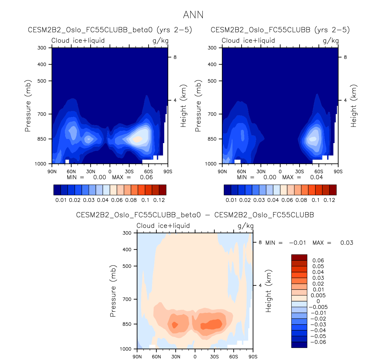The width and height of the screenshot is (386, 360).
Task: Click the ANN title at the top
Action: [193, 15]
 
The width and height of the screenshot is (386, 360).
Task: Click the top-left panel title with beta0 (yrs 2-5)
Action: [110, 30]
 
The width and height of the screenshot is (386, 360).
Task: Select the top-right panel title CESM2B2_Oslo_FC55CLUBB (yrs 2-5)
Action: [280, 30]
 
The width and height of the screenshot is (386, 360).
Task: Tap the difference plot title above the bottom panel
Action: [195, 215]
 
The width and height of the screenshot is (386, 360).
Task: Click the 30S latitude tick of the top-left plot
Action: [129, 172]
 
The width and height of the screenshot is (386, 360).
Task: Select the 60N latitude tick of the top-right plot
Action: [242, 172]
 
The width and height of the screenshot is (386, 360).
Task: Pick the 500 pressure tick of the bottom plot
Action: [127, 266]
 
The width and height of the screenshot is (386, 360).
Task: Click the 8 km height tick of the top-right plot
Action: [345, 57]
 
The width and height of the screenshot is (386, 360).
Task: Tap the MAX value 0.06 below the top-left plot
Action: [146, 177]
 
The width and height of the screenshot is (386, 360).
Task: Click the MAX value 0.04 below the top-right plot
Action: [317, 177]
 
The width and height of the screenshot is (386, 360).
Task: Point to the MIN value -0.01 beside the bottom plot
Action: [297, 243]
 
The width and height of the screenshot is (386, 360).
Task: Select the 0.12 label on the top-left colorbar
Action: [159, 200]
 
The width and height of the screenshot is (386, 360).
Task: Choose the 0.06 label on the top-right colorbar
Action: [287, 200]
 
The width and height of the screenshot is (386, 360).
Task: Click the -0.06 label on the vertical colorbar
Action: [318, 342]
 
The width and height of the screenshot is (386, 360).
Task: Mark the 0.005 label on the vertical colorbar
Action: [318, 295]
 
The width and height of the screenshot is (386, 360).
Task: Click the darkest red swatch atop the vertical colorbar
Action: [299, 257]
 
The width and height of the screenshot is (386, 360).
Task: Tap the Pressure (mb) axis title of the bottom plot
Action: [113, 291]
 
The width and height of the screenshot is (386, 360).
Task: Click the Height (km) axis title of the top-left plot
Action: [183, 106]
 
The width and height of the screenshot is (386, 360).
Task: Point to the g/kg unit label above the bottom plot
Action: [246, 226]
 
